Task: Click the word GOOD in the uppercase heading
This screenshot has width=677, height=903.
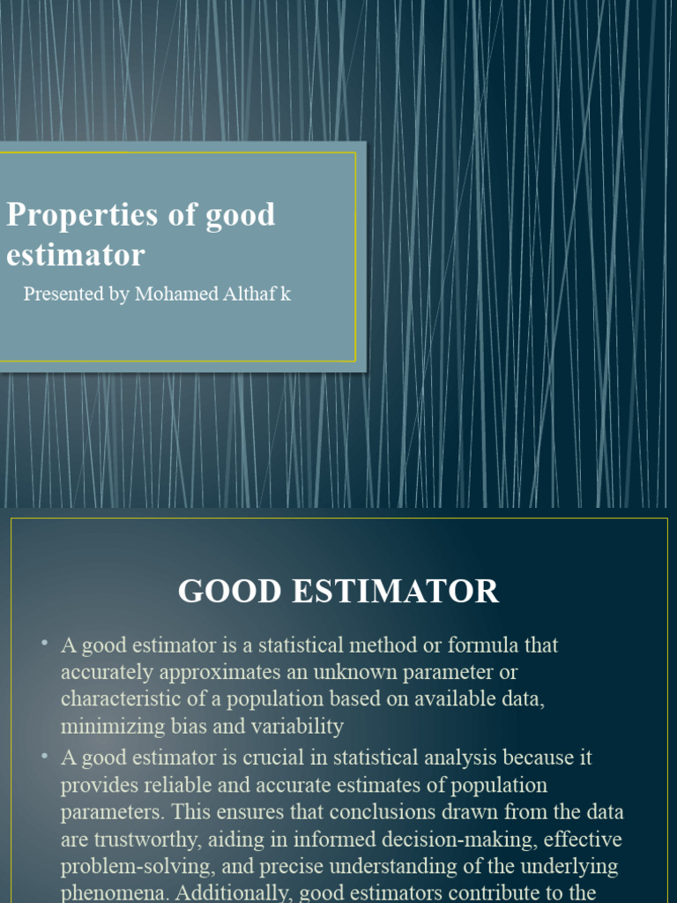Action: click(x=224, y=591)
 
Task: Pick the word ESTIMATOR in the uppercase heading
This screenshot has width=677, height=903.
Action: click(x=391, y=591)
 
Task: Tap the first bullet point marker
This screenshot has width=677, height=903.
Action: click(x=43, y=644)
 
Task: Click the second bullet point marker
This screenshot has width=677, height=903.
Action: click(x=43, y=756)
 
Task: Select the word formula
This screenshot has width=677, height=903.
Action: click(x=484, y=646)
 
